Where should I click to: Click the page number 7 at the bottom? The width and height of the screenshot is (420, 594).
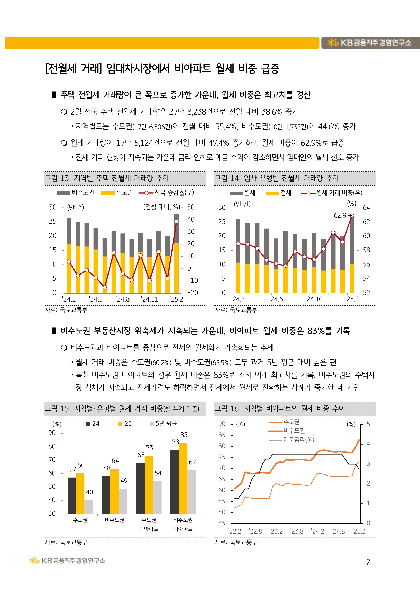coord(368,562)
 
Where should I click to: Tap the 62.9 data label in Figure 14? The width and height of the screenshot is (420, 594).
coord(340,215)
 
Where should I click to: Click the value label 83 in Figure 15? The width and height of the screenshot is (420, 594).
coord(184,435)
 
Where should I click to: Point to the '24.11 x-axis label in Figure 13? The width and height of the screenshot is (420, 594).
coord(149,299)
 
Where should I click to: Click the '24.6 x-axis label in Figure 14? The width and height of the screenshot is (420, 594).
coord(276,299)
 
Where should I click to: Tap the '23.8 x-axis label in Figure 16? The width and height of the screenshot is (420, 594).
coord(297,531)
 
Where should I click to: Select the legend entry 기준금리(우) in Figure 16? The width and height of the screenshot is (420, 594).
coord(299,440)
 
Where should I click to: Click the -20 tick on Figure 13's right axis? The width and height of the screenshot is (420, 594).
coord(192,293)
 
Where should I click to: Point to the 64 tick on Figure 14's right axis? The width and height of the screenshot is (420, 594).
coord(367,208)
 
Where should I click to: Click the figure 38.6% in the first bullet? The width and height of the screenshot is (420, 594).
coord(272,112)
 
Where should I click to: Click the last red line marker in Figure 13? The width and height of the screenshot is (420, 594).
coord(176,221)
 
